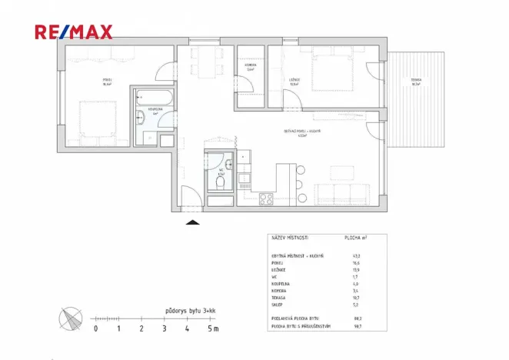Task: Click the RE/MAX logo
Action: (x=74, y=32)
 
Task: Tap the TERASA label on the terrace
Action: (x=416, y=82)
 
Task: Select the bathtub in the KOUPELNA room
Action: (x=152, y=98)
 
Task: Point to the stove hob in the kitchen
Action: (x=266, y=198)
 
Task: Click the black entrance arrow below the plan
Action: (x=193, y=222)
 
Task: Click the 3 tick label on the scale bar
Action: (x=164, y=328)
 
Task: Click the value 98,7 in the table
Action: (x=356, y=326)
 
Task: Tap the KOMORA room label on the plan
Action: (x=250, y=65)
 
